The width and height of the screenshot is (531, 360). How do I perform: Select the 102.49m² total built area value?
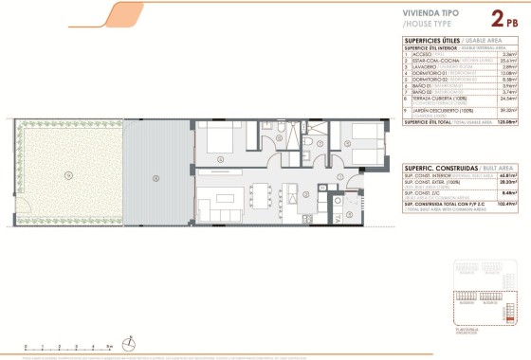(502, 230)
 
